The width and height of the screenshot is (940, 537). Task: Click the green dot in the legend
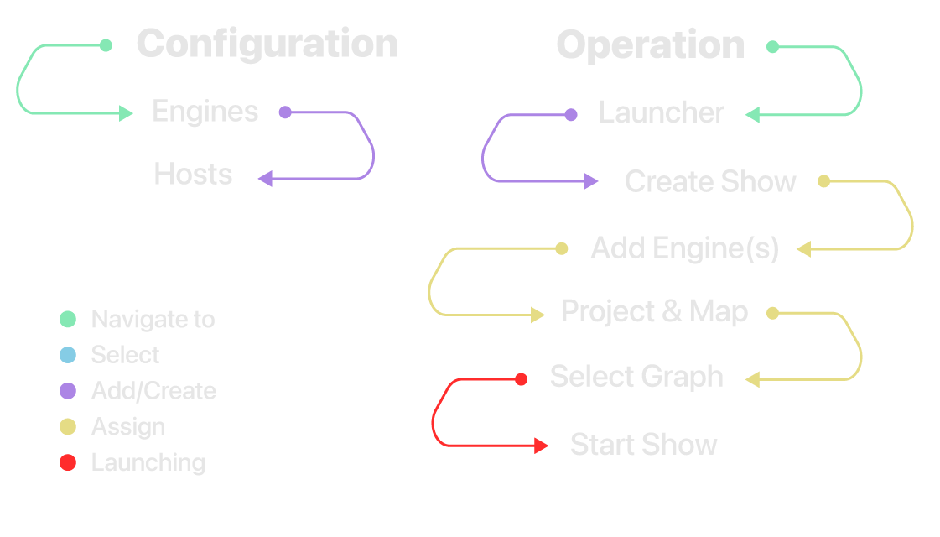(68, 319)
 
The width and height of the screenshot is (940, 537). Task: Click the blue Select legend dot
(68, 355)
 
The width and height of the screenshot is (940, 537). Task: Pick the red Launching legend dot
(68, 462)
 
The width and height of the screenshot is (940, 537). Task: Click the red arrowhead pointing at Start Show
(542, 446)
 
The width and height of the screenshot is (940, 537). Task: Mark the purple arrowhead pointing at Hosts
(266, 178)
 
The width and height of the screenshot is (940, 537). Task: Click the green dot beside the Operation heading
(772, 47)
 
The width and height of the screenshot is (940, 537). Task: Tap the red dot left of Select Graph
(521, 379)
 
